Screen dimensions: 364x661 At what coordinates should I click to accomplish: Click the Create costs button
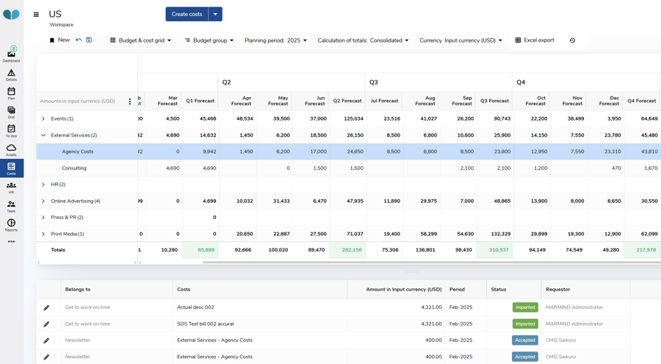(187, 14)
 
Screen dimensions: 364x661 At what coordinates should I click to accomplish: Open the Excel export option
(535, 40)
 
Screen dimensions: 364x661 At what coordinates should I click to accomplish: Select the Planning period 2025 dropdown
(275, 40)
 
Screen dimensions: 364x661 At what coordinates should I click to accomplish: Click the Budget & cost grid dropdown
(140, 40)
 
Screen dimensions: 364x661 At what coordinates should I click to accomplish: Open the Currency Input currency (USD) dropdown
(460, 40)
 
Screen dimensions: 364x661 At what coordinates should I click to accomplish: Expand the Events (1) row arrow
(43, 118)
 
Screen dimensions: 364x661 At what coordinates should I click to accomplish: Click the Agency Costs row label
(78, 151)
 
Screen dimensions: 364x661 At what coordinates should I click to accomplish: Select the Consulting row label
(74, 168)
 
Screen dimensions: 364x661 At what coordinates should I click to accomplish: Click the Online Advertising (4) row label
(76, 201)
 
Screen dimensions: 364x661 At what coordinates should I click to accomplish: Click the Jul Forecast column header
(385, 101)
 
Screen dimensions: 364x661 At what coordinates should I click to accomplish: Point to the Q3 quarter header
(374, 82)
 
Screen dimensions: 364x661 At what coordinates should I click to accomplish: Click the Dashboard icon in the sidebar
(11, 54)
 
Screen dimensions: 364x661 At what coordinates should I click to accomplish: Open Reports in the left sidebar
(11, 225)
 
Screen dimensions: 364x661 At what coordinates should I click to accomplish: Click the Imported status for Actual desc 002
(524, 307)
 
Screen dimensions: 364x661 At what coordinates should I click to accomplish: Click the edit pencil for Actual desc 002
(46, 307)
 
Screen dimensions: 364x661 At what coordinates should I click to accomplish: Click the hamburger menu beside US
(36, 14)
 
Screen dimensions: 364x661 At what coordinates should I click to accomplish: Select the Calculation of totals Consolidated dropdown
(363, 40)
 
